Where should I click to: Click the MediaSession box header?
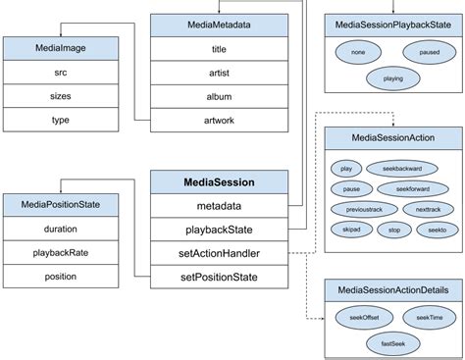point(219,181)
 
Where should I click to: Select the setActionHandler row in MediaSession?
point(219,253)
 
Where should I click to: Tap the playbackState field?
point(219,230)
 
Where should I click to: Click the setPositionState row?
point(219,277)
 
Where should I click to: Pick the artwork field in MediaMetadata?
point(219,120)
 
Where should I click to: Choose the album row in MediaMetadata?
point(219,96)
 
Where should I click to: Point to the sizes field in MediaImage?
point(60,96)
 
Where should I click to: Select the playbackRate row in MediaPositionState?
point(60,253)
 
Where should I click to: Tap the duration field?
point(60,230)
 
